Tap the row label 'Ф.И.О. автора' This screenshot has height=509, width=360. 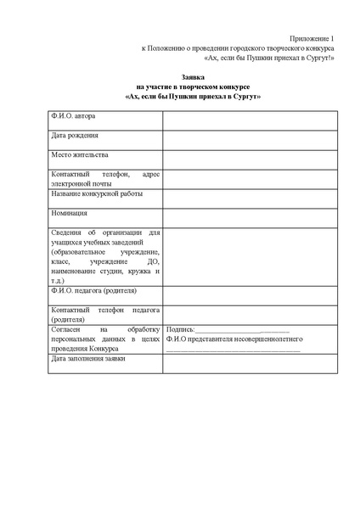click(74, 115)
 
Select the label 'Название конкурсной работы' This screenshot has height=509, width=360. click(96, 193)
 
